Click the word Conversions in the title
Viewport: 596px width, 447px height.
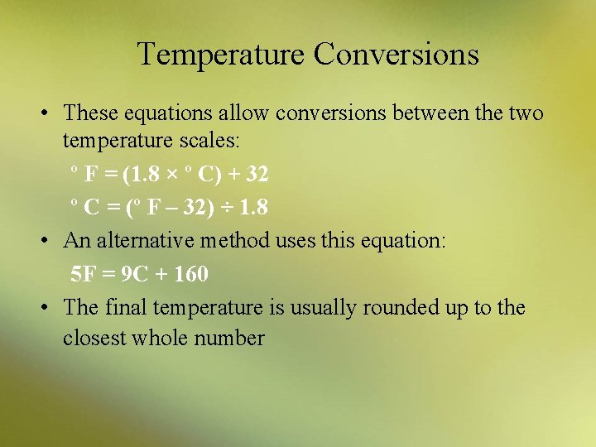[x=396, y=55]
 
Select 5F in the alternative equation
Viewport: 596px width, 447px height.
[x=83, y=272]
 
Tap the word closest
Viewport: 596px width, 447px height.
[x=94, y=338]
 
